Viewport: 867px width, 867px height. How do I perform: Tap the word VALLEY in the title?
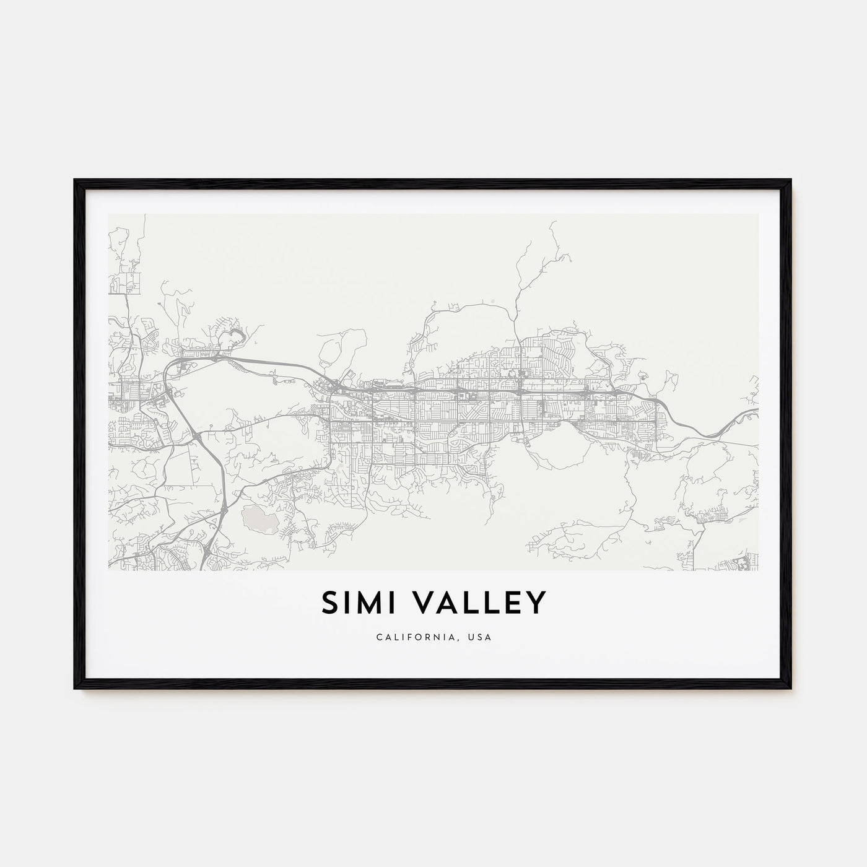[x=476, y=603]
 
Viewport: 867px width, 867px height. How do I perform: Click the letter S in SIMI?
[x=329, y=603]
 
